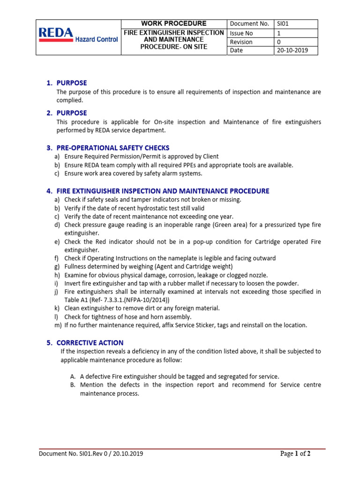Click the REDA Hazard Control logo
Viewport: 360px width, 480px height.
pyautogui.click(x=78, y=36)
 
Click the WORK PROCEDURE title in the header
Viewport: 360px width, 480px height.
pyautogui.click(x=174, y=23)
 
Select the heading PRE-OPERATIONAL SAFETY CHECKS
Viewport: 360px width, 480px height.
pyautogui.click(x=113, y=148)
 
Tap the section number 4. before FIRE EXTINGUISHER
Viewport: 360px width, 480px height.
pyautogui.click(x=49, y=191)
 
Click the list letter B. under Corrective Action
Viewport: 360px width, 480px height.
pyautogui.click(x=73, y=385)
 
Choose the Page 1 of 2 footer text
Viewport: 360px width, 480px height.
pyautogui.click(x=295, y=453)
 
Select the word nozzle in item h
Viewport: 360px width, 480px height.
pyautogui.click(x=257, y=275)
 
